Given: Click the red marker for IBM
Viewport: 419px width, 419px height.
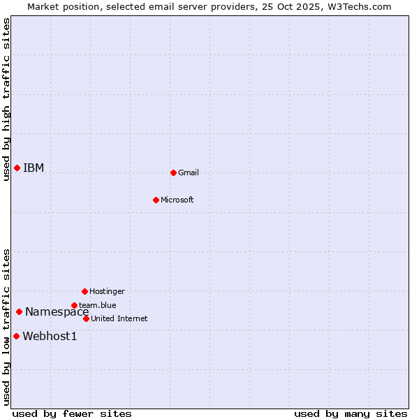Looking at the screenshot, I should pos(17,168).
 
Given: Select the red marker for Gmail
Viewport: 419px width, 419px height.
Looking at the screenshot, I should pos(173,172).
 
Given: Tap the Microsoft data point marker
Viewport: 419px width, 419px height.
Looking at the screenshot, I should pos(156,200).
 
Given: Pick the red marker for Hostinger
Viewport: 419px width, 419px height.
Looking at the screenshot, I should pos(84,291).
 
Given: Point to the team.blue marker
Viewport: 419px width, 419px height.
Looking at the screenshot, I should pos(74,305).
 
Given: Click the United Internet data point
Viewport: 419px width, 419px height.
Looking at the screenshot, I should pos(86,318).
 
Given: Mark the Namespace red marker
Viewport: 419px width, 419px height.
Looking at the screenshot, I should pos(19,311).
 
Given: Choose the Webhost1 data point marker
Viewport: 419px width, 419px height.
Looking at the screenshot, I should pos(16,336).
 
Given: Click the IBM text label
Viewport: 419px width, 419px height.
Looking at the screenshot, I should pos(34,168).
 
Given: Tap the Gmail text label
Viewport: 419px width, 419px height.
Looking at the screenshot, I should pos(189,172).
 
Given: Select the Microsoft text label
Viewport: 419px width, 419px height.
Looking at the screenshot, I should pos(177,200).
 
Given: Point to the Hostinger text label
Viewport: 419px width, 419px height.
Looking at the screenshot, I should pos(107,291).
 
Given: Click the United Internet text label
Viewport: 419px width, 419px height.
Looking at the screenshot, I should pos(119,318).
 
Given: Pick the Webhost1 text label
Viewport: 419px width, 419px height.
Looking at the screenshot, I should pos(50,336).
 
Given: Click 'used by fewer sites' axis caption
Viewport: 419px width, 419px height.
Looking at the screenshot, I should pos(72,413).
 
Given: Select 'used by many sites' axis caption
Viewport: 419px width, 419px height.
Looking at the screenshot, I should pos(351,413).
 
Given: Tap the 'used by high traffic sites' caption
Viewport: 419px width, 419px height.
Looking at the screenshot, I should pos(6,99).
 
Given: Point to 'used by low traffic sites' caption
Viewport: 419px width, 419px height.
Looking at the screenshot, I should pos(6,326).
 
